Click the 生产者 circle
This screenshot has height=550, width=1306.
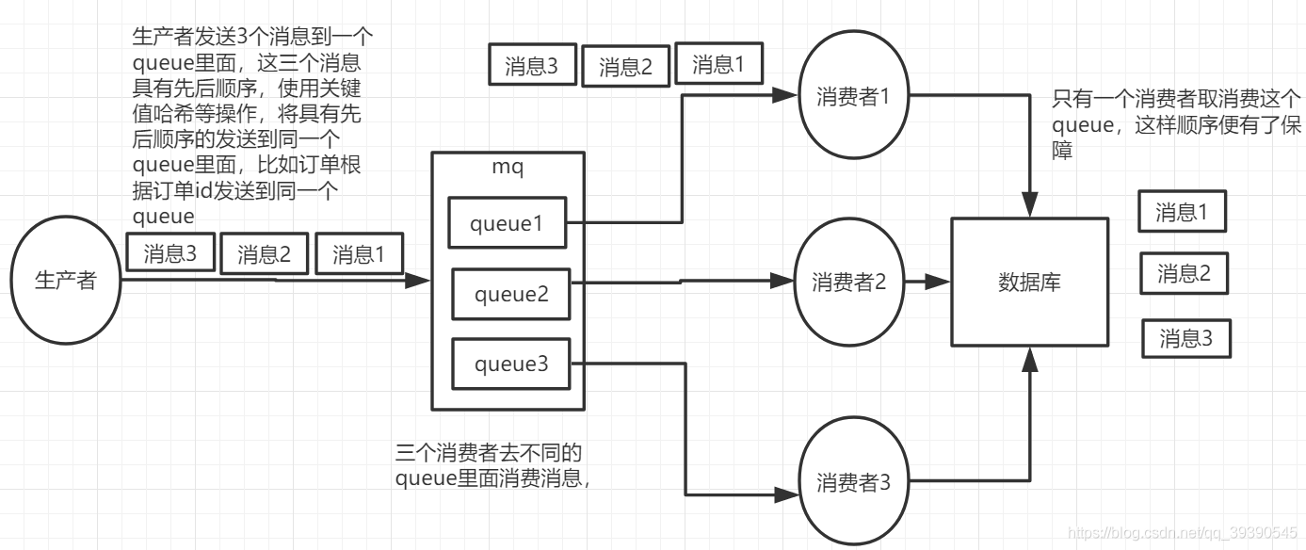(66, 281)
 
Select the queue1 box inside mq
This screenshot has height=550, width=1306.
(508, 223)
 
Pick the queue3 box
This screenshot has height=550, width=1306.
(510, 364)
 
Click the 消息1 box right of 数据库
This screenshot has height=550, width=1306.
(1182, 212)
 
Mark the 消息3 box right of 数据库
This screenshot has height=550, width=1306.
(1186, 337)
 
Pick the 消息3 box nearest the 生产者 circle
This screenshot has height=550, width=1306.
(170, 254)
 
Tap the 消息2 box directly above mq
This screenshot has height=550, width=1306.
(625, 67)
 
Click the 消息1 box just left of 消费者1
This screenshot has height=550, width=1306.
(717, 64)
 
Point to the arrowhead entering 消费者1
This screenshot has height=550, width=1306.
(787, 95)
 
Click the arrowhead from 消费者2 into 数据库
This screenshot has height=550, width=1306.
(940, 282)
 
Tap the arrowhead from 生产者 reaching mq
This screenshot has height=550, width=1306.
(420, 281)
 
